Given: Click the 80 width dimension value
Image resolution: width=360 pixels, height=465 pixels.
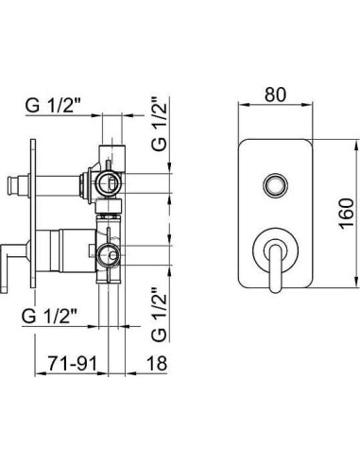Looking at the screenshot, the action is point(275,95).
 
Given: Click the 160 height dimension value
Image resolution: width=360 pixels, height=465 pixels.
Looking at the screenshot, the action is point(347,214).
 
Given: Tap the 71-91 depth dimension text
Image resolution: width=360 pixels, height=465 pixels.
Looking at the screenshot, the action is point(73,364).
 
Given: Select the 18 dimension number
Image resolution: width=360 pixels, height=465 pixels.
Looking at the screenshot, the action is point(157,364).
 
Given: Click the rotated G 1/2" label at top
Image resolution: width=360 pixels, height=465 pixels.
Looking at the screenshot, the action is point(159,124).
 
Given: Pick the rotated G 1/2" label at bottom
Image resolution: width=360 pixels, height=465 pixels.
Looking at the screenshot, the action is point(159,315).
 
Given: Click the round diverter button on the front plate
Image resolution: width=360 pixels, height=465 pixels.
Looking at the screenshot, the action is point(275,184).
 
